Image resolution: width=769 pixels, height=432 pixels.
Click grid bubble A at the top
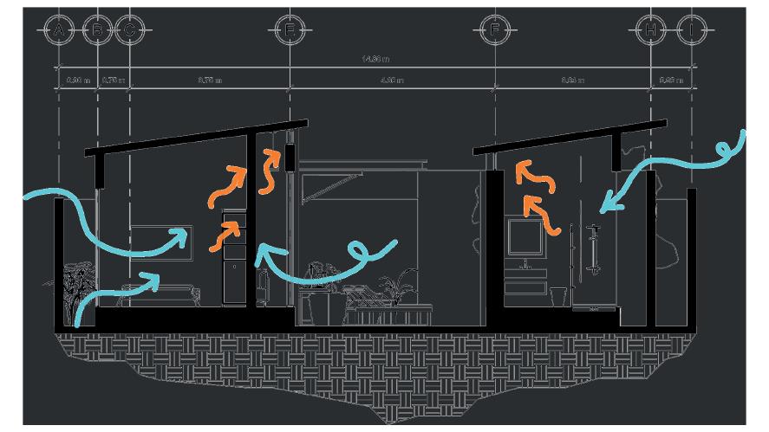point(58,31)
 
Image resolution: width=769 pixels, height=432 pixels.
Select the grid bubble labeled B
point(98,31)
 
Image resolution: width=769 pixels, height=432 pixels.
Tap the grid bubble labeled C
point(129,31)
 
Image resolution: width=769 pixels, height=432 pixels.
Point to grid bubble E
point(290,31)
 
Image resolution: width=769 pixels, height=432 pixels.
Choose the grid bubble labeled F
point(494,31)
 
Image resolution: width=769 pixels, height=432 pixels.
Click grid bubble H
point(649,31)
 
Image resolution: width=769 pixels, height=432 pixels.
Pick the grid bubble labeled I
point(691,31)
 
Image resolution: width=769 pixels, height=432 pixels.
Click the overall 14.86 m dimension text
point(375,59)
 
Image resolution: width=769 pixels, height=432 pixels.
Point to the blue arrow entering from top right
point(676,169)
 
